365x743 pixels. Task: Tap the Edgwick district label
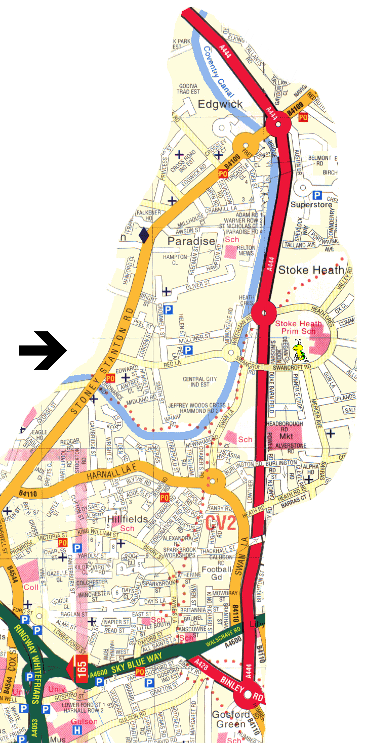coord(220,104)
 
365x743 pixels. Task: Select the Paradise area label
coord(191,241)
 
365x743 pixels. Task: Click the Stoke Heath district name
coord(311,270)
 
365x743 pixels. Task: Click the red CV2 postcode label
coord(221,523)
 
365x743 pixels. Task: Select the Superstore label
coord(311,204)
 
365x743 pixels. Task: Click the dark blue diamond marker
coord(144,235)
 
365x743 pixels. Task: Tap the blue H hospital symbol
coord(77,730)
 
